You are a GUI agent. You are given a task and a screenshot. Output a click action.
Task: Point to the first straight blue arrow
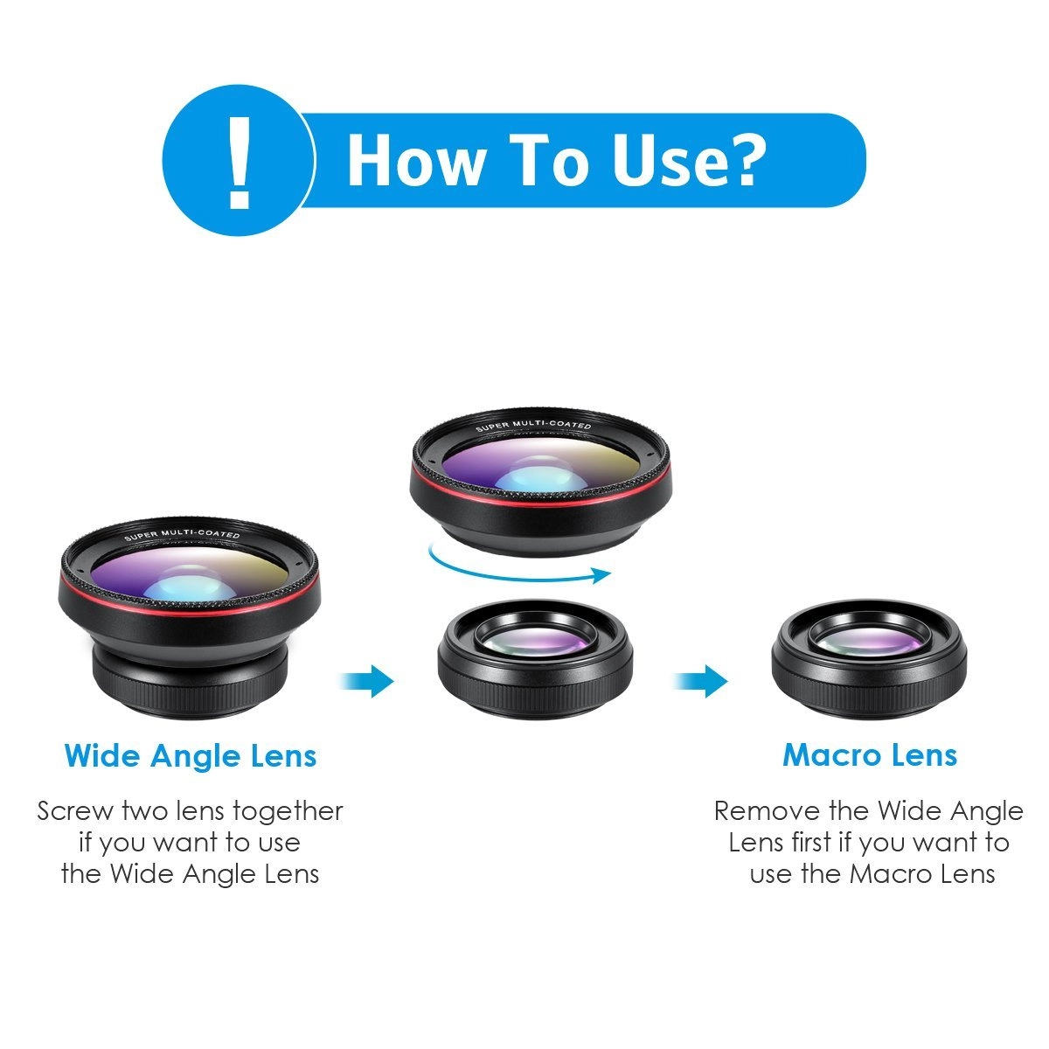click(x=368, y=679)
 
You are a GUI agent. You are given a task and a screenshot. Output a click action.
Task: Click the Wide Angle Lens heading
click(x=191, y=755)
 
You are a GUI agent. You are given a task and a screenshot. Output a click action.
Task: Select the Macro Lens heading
click(x=870, y=755)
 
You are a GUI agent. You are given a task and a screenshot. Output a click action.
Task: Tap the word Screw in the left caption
click(x=75, y=811)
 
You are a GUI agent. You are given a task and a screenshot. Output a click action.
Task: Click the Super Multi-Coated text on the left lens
click(x=182, y=536)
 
